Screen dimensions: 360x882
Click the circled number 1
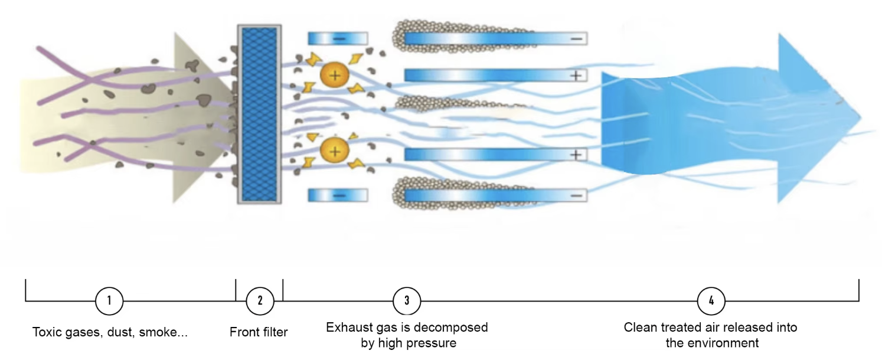click(x=109, y=300)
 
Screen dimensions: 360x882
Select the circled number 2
click(x=260, y=300)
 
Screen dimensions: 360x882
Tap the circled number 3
click(x=407, y=300)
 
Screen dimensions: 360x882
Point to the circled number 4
click(x=711, y=300)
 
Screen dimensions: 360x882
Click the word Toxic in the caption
click(x=46, y=332)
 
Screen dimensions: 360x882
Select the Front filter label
click(x=259, y=332)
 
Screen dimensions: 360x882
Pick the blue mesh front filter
click(x=259, y=114)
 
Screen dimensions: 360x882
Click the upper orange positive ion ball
click(x=335, y=75)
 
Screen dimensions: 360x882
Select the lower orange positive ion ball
click(x=335, y=151)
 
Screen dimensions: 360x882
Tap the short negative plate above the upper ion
click(x=338, y=38)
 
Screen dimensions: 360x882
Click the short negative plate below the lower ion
click(x=338, y=195)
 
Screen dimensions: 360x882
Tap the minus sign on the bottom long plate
click(x=577, y=195)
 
